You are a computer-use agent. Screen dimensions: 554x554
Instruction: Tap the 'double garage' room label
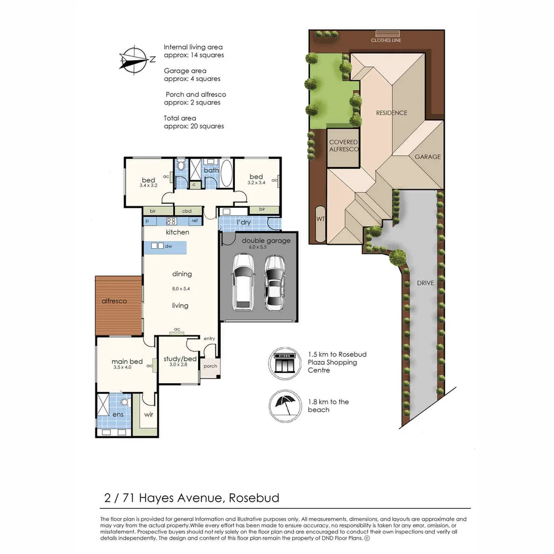(266, 241)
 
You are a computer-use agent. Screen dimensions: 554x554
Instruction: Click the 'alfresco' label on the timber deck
(114, 301)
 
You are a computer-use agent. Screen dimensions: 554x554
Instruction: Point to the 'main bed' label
(127, 362)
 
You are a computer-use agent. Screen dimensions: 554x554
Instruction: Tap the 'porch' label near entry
(210, 366)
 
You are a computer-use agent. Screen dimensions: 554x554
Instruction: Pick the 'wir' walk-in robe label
(148, 414)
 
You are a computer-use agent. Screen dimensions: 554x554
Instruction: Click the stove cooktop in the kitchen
(172, 222)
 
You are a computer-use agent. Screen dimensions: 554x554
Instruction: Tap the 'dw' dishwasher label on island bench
(168, 247)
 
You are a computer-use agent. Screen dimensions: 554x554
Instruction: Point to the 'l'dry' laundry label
(243, 223)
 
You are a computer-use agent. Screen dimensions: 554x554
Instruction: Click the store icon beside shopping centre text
(285, 363)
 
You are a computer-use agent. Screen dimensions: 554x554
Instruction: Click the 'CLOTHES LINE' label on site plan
(387, 40)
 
